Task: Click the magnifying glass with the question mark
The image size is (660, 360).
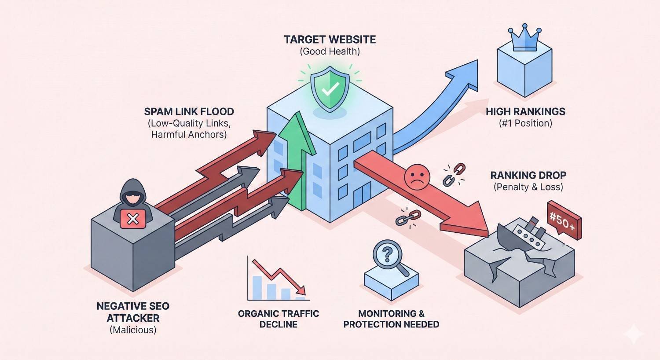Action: click(388, 254)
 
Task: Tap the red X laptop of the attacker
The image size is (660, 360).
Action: click(132, 219)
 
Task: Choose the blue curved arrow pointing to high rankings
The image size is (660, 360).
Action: click(440, 106)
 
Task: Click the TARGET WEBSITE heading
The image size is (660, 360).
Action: click(330, 39)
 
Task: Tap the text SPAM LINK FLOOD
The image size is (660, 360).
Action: click(189, 111)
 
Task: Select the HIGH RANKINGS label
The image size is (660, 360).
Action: click(525, 111)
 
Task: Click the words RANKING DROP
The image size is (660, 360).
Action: click(528, 175)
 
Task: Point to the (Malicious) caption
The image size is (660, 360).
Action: click(132, 330)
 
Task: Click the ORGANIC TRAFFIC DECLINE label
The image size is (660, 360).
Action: click(279, 319)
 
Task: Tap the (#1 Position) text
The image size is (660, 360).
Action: click(525, 123)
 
